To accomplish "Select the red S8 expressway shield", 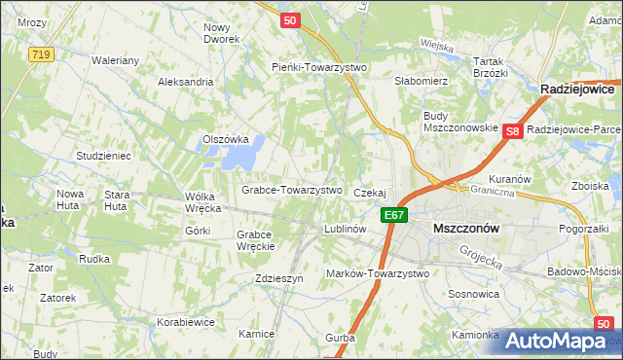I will pos(514,130).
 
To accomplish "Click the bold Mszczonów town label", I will pos(465,228).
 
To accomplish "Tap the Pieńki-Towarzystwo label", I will pos(317,67).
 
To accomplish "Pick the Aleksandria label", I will pos(186,82).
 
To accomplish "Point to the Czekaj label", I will pos(371,193).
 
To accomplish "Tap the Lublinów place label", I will pos(345,229).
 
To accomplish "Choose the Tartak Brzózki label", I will pos(491,66).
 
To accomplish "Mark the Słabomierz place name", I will pos(421,81).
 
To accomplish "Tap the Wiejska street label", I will pos(436,44).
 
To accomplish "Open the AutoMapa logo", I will pos(564,341).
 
